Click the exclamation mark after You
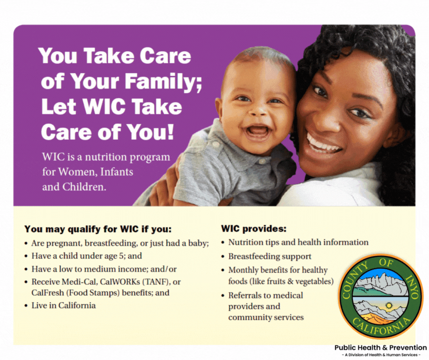[170, 132]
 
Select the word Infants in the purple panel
[117, 172]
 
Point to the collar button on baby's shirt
[262, 162]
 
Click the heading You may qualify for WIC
[98, 229]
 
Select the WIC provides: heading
[254, 228]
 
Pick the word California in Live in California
[77, 306]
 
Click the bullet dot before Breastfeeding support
[223, 257]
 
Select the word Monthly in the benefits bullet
[243, 270]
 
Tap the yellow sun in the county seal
[388, 305]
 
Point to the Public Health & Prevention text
[381, 348]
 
